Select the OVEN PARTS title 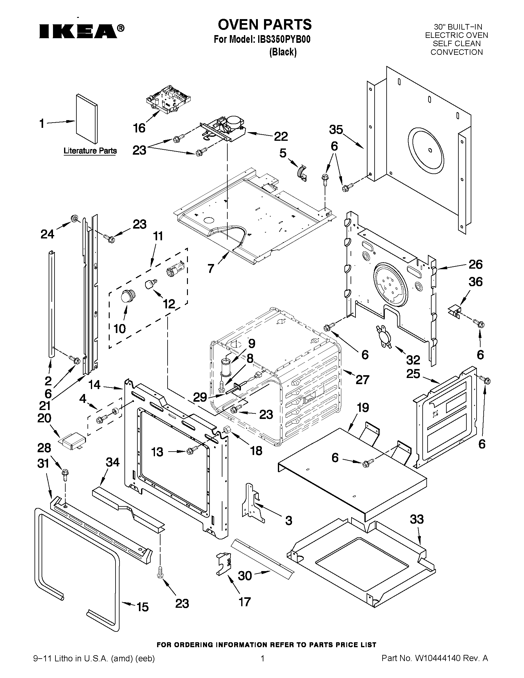tap(265, 24)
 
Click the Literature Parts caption tap(90, 151)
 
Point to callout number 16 tap(139, 128)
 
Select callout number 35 tap(336, 130)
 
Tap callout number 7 tap(211, 268)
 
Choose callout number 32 tap(413, 360)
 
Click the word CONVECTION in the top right tap(457, 52)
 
